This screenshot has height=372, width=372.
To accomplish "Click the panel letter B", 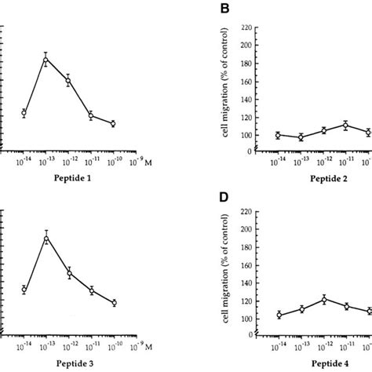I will coord(224,10).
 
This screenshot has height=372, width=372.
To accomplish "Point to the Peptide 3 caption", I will coord(67,365).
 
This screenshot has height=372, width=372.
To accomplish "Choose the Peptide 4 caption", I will coord(322,365).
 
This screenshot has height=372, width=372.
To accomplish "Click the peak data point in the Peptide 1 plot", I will coord(46,60).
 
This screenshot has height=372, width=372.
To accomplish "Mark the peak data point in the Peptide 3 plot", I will coord(46,239).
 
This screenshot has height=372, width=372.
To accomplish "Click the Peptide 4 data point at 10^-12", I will coord(323,299).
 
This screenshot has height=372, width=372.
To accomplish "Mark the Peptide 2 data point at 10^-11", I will coord(345,125).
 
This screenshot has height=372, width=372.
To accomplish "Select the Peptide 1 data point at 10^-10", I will coord(113,123).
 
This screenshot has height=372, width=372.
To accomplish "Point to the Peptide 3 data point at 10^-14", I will coord(24,290).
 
